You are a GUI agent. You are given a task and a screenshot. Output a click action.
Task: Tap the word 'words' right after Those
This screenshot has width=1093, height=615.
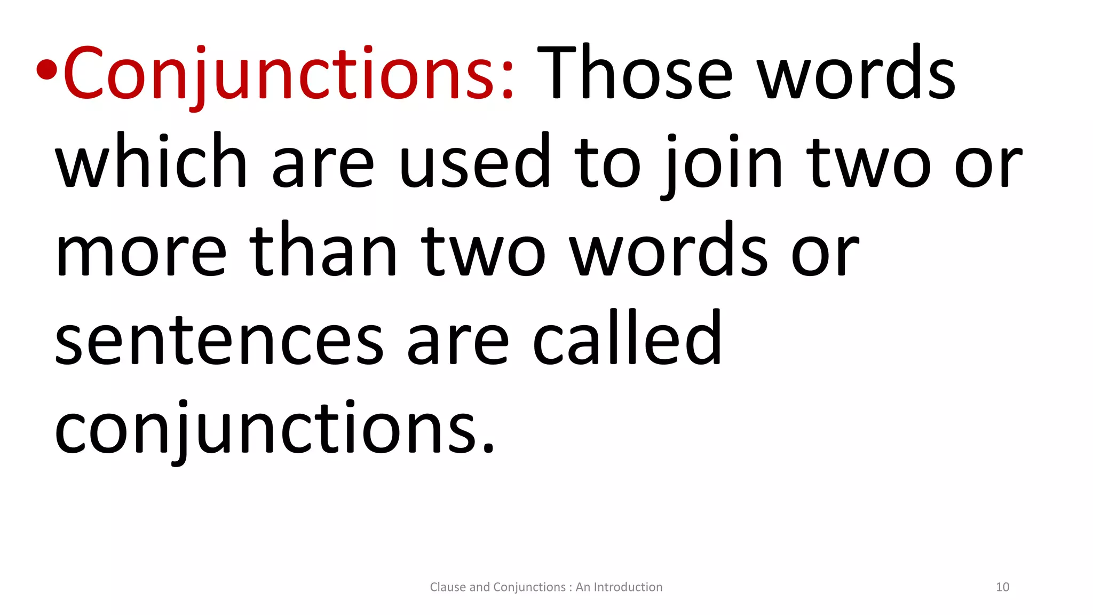click(857, 73)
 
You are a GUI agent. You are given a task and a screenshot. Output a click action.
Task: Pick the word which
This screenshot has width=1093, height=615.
click(151, 161)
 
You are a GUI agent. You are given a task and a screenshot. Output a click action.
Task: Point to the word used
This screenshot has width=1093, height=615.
click(474, 161)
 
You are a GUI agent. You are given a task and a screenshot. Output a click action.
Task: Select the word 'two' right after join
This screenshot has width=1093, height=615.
click(870, 162)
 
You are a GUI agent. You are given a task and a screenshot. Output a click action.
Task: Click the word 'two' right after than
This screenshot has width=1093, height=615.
click(484, 251)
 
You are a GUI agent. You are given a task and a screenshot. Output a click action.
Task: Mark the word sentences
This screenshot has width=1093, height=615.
click(219, 341)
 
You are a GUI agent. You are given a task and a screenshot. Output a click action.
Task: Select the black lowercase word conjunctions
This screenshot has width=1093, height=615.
click(275, 429)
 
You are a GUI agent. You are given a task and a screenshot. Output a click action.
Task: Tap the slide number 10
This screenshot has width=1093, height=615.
click(1002, 587)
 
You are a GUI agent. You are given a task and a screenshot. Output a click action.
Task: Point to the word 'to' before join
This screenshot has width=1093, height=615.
click(607, 162)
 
